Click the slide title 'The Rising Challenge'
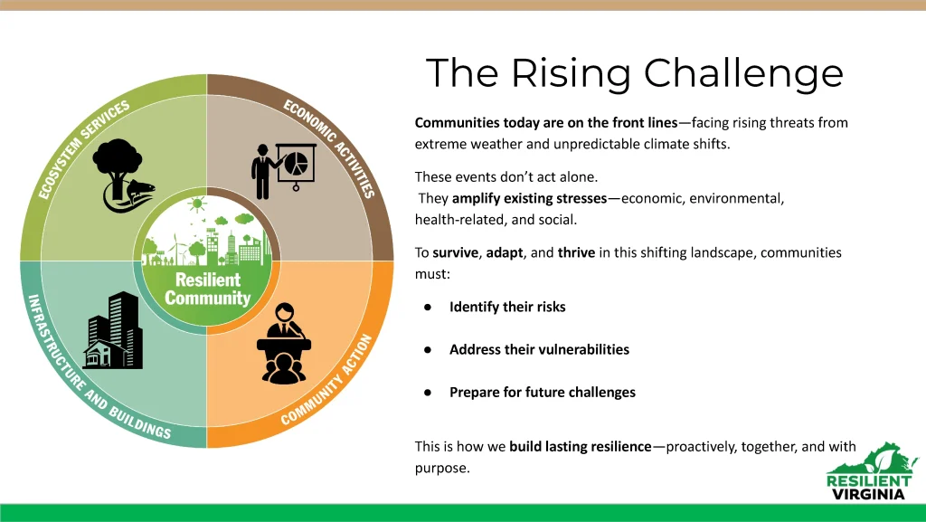[634, 73]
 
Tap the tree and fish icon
[123, 176]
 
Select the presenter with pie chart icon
[283, 171]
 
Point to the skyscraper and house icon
[113, 330]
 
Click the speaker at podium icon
[284, 343]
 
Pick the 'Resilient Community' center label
[208, 289]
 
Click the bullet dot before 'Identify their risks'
[428, 307]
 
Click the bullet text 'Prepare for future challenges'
[543, 393]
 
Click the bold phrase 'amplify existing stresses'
[529, 198]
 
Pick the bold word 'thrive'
[576, 252]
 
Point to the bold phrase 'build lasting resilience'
[581, 446]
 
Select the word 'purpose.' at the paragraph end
[442, 469]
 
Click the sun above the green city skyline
[196, 204]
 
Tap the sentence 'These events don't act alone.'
[506, 177]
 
